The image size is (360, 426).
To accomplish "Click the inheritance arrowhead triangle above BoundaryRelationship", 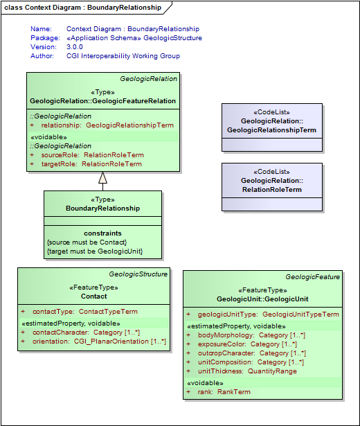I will (102, 177).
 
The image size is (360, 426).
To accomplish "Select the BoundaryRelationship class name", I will (102, 208).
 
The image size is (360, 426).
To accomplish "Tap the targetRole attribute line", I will (86, 164).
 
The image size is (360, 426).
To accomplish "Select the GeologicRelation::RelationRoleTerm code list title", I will (271, 185).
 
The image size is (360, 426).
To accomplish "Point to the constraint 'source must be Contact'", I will (87, 242).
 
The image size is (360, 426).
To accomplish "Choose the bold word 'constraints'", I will (102, 233).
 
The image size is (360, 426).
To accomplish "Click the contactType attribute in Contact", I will (85, 312).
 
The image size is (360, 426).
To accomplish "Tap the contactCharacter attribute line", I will (86, 332).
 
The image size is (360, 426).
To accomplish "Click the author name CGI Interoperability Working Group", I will (123, 56).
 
